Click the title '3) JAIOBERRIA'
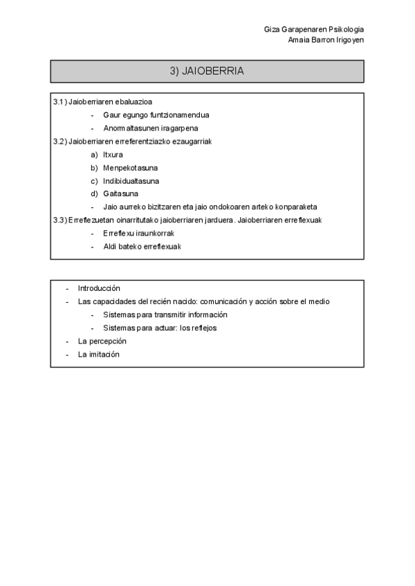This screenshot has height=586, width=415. (x=207, y=71)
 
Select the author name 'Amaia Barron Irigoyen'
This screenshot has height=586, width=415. (x=326, y=40)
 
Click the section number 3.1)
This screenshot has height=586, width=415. (x=60, y=102)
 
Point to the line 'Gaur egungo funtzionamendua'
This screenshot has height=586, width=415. (x=156, y=115)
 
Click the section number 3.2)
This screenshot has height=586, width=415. (x=60, y=141)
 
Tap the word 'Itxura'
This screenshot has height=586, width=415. (x=113, y=154)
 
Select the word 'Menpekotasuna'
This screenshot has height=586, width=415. (x=130, y=167)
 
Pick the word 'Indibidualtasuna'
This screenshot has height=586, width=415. (x=131, y=180)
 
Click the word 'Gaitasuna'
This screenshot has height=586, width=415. (x=120, y=193)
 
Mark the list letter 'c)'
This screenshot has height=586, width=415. (x=94, y=180)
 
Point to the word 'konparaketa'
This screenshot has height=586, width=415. (x=298, y=207)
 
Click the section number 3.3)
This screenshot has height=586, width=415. (x=60, y=220)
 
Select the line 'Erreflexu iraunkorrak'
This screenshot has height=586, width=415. (x=138, y=233)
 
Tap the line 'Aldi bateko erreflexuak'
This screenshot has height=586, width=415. (x=142, y=246)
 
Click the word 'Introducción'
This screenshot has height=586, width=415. (x=99, y=288)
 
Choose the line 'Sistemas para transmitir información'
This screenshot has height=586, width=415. (x=165, y=314)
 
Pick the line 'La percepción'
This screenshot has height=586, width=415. (x=102, y=341)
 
